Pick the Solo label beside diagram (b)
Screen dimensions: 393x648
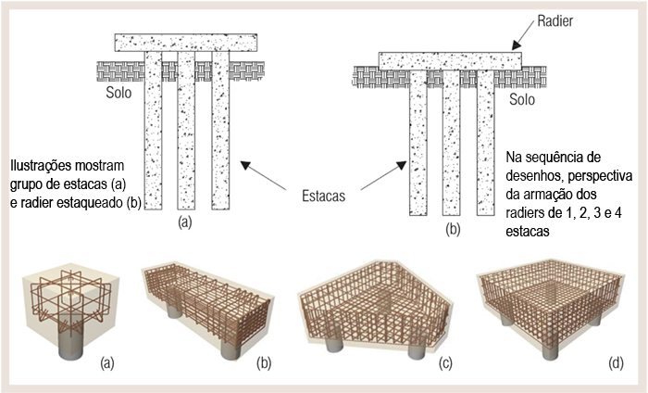(x=523, y=99)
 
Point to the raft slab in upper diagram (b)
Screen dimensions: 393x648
(x=450, y=60)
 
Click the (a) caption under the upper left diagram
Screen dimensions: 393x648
(x=185, y=222)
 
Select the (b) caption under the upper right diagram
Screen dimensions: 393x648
(x=452, y=226)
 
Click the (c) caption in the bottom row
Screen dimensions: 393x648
(x=447, y=363)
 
